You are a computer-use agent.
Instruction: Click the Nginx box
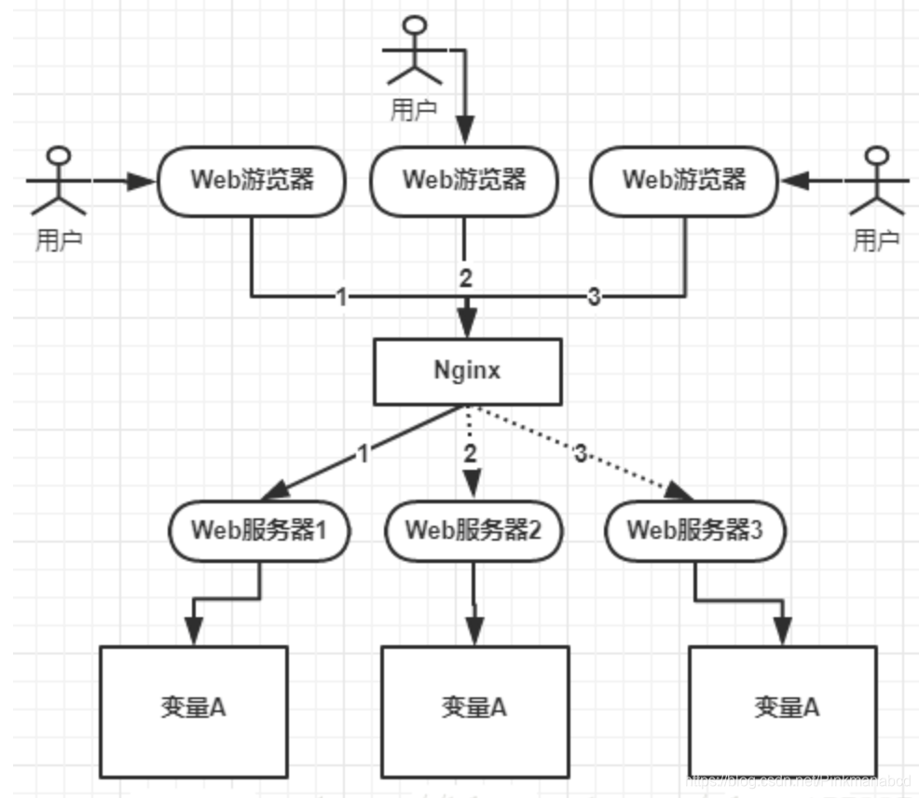[x=467, y=371]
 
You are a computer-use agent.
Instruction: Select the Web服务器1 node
[x=259, y=530]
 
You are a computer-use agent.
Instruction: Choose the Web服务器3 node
[x=694, y=530]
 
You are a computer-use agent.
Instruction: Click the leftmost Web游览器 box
[x=252, y=180]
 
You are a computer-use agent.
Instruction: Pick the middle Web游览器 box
[x=463, y=180]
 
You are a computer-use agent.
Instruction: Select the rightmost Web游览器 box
[x=684, y=180]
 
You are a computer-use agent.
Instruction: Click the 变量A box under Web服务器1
[x=193, y=709]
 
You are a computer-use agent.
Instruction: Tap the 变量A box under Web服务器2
[x=473, y=709]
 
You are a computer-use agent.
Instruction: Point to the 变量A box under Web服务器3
[x=783, y=709]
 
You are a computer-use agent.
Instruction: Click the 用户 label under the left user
[x=59, y=241]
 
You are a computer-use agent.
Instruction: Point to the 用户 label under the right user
[x=876, y=241]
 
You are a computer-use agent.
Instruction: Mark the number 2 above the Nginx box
[x=466, y=277]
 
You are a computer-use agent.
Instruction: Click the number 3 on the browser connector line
[x=594, y=297]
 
